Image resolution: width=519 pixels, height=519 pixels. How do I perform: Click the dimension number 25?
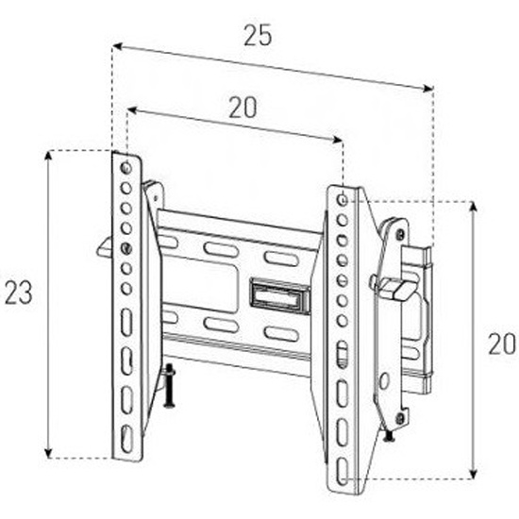tap(258, 35)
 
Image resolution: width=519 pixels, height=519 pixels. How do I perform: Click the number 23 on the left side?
tap(19, 293)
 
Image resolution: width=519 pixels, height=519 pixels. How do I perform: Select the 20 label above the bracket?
tap(243, 108)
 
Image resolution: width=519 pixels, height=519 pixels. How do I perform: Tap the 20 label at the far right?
tap(502, 344)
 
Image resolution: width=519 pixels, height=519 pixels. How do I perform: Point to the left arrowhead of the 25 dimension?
tap(117, 47)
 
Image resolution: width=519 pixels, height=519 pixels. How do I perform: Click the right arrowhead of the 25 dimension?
tap(428, 88)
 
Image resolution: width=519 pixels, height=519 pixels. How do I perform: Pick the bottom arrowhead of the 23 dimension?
tap(49, 453)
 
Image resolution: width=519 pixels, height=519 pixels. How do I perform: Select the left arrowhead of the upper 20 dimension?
tap(132, 110)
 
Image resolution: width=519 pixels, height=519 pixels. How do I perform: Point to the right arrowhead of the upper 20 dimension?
tap(338, 140)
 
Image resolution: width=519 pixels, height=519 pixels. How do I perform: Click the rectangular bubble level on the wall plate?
tap(280, 295)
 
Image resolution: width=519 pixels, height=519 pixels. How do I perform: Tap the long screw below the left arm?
tap(169, 386)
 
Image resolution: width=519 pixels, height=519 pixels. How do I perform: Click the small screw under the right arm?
tap(389, 436)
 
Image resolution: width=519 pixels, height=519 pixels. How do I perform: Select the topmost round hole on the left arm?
tap(126, 168)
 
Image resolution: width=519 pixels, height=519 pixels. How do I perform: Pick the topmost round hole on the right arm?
tap(343, 200)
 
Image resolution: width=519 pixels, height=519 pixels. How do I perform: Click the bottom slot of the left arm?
tap(126, 439)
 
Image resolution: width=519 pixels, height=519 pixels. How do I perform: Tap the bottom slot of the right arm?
tap(343, 472)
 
